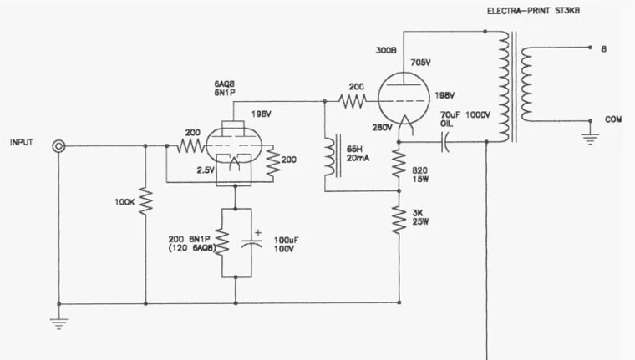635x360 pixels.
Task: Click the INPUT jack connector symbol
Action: (x=58, y=146)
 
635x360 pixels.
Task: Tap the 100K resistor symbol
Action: (x=145, y=201)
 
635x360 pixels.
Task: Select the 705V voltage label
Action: (x=421, y=63)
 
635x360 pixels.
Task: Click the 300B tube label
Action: (x=386, y=51)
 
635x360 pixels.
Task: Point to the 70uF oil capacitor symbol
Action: (x=445, y=142)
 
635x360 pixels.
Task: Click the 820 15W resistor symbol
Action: (x=399, y=164)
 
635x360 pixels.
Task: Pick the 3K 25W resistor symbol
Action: (x=399, y=221)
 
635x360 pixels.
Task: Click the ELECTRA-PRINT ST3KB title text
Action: (x=533, y=11)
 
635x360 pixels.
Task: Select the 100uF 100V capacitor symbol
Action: (x=251, y=243)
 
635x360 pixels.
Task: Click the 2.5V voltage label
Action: (x=206, y=170)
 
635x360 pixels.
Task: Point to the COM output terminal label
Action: (x=613, y=119)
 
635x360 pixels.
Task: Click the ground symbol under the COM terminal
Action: (x=590, y=139)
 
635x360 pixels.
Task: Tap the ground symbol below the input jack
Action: (x=58, y=323)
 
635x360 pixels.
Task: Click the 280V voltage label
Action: (x=383, y=128)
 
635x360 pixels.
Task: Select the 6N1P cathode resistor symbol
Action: (x=222, y=241)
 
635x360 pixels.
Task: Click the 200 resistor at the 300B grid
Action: (x=353, y=101)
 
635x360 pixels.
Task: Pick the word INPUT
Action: (x=22, y=143)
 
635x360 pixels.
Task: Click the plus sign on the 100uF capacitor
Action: (x=258, y=232)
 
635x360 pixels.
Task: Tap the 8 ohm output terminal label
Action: (x=604, y=49)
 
